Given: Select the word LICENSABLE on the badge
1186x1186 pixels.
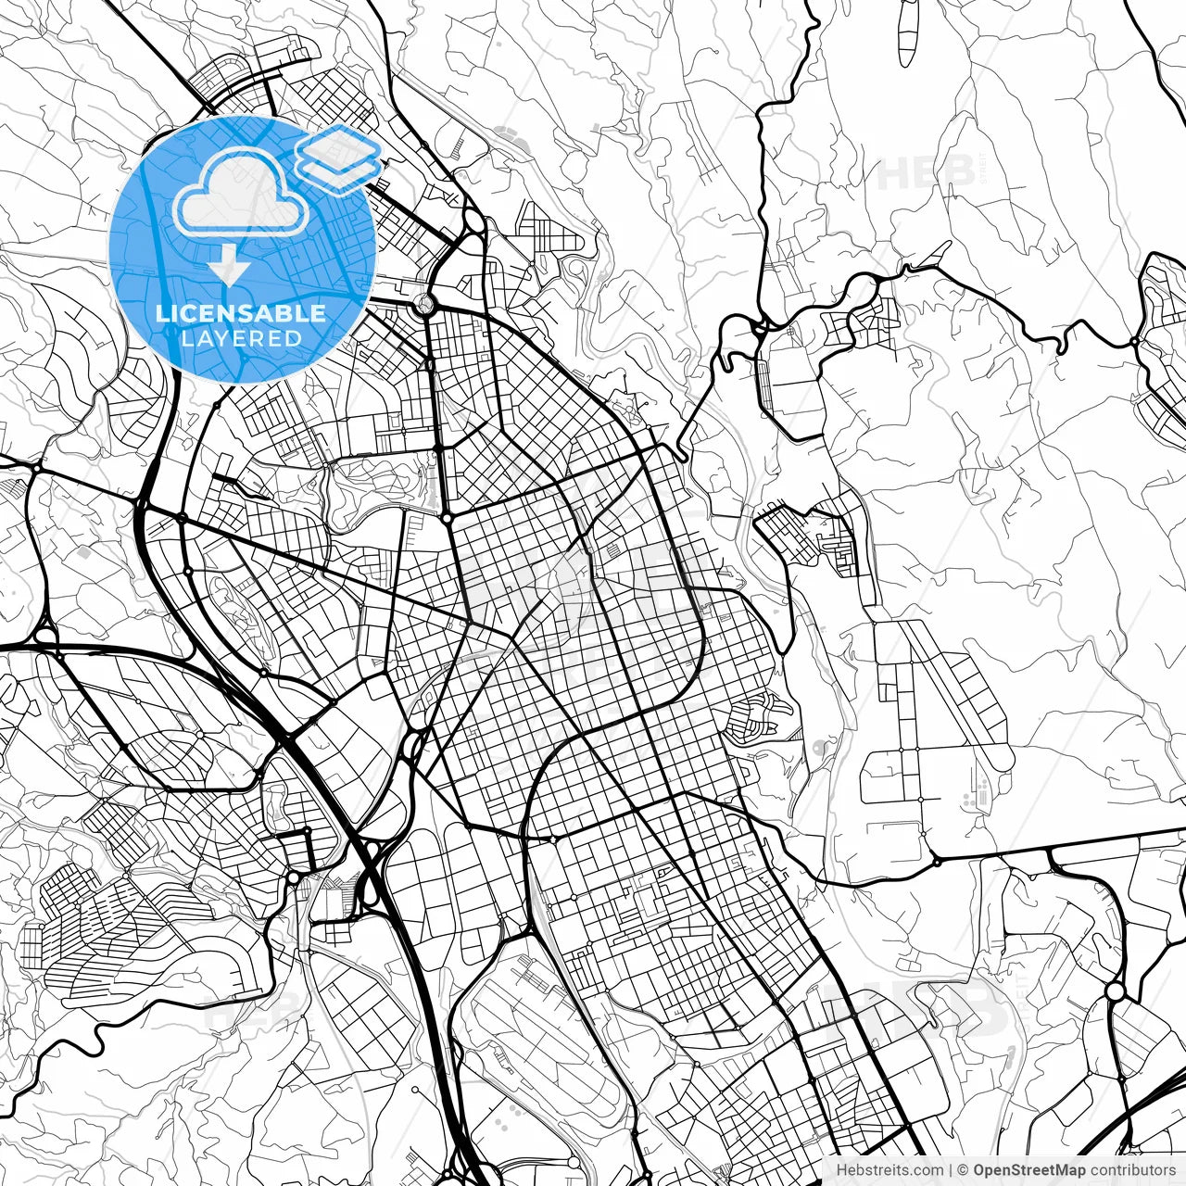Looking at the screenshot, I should pos(241,313).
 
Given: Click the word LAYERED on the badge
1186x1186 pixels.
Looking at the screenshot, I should pos(241,338).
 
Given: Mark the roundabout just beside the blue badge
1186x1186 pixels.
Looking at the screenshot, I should pos(425,303).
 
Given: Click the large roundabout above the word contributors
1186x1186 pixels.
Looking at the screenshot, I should pos(1115,992).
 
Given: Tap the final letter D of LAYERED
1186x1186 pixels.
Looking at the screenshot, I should pos(295,338).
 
